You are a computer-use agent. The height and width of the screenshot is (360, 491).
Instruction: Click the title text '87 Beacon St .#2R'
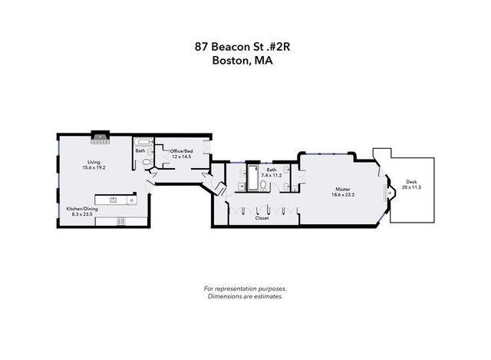coord(245,47)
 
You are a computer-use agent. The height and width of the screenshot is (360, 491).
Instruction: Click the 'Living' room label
coord(94,162)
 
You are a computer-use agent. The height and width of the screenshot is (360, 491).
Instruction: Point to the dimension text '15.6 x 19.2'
coord(94,167)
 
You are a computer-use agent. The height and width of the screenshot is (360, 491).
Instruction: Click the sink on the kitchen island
coord(114,200)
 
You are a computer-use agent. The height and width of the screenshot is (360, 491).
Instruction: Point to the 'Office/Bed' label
coord(181,151)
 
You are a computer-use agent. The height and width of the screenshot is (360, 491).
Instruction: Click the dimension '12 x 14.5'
coord(181,157)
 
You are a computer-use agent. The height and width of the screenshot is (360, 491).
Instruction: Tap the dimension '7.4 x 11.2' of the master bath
coord(272,175)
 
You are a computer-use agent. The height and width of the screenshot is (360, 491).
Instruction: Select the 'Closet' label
coord(262,218)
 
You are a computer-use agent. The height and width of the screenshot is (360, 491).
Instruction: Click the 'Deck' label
coord(411,182)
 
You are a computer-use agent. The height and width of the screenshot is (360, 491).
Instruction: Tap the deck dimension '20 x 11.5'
coord(411,187)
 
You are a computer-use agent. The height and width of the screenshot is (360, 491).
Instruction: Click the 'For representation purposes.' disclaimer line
coord(245,289)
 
